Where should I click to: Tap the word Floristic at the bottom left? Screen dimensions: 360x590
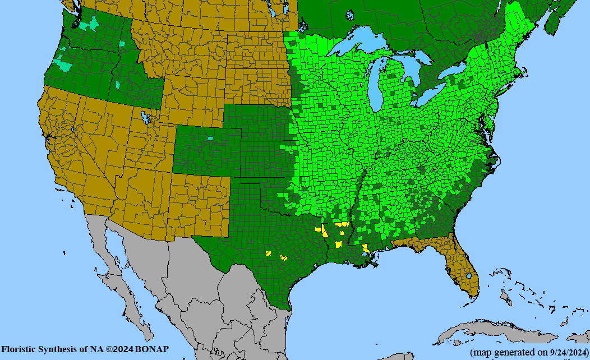point(18,349)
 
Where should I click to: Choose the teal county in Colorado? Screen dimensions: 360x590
point(210,138)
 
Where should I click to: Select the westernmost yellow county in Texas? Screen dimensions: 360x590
point(269,253)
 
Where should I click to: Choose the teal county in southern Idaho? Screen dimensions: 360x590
point(118,85)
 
